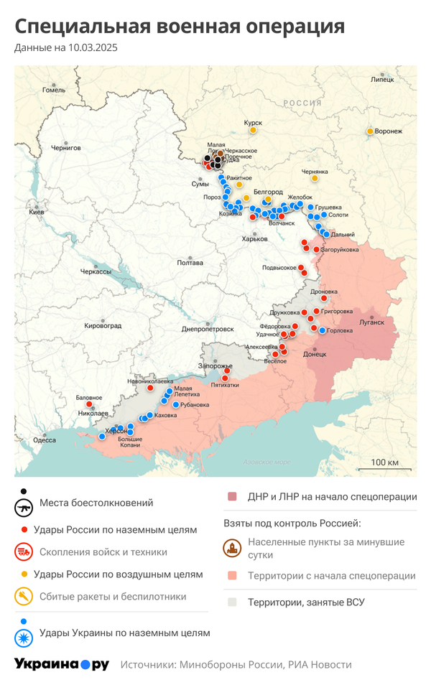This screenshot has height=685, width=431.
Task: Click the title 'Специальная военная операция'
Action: coord(180,27)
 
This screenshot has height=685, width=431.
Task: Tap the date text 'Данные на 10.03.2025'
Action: coord(65,49)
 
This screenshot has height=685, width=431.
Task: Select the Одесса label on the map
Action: coord(45,440)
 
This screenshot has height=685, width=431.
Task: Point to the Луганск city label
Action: coord(371,322)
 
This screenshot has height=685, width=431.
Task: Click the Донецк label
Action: coord(315,354)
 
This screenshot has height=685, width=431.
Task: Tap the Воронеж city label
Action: coord(389,131)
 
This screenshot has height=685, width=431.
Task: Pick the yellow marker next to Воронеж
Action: coord(370,131)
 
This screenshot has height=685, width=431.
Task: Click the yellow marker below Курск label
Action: coord(252,131)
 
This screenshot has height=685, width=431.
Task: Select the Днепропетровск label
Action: coord(208,329)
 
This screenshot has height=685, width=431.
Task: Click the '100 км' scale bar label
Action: coord(384,462)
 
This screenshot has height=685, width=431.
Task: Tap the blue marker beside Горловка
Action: coord(322,330)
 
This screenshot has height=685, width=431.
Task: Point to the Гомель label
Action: coord(54,90)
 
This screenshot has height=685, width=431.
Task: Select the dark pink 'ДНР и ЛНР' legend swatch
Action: coord(232,497)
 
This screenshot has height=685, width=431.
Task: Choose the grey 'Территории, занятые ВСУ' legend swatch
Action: coord(232,602)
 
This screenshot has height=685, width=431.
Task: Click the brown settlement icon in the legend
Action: coord(232,549)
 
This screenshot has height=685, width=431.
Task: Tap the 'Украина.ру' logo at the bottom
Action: coord(62,664)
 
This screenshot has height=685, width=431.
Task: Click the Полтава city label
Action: coord(190,263)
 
